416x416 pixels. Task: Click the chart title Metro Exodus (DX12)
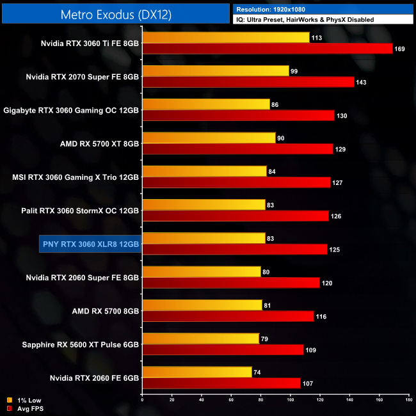point(115,13)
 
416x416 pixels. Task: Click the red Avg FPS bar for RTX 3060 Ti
point(267,49)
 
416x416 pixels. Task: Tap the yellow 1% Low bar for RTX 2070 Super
point(216,71)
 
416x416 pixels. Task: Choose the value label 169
point(400,49)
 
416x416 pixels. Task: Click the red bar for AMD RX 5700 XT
point(238,148)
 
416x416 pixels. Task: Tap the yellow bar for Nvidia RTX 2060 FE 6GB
point(197,372)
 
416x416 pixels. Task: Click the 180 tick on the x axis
point(408,400)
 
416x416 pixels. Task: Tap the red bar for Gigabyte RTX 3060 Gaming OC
point(238,115)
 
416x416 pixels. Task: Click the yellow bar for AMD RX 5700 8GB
point(202,305)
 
